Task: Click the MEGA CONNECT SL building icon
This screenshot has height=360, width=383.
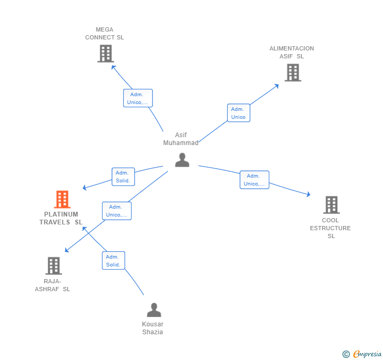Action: point(105,53)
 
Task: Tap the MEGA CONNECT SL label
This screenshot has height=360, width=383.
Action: point(105,34)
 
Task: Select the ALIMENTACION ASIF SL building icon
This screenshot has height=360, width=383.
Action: point(293,73)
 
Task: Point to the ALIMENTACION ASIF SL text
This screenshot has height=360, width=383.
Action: point(291,53)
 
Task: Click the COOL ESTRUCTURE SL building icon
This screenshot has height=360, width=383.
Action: point(331,205)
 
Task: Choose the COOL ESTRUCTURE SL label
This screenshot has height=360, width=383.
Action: point(330,228)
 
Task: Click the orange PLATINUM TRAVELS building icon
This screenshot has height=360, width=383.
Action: point(62,200)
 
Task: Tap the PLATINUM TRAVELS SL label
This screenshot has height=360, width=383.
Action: point(61,218)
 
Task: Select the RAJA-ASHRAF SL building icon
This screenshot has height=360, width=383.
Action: point(53,266)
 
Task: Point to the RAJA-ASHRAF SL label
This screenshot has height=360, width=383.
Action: point(53,285)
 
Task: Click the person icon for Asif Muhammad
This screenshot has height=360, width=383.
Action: point(182,160)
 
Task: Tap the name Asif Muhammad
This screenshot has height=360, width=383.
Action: point(181,139)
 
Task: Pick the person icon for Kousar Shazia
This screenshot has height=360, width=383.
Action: point(154,310)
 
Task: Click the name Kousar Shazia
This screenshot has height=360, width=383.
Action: point(153,328)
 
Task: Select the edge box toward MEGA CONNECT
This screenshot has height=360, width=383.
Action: point(138,98)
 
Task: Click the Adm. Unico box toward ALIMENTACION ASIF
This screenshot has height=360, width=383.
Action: point(238,113)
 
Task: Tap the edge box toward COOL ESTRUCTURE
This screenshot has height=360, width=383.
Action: point(254,180)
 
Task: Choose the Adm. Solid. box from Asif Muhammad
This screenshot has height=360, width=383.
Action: point(123,177)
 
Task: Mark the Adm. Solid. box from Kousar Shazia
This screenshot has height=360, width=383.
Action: point(113,261)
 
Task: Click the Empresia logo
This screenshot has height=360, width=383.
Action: point(362,354)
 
